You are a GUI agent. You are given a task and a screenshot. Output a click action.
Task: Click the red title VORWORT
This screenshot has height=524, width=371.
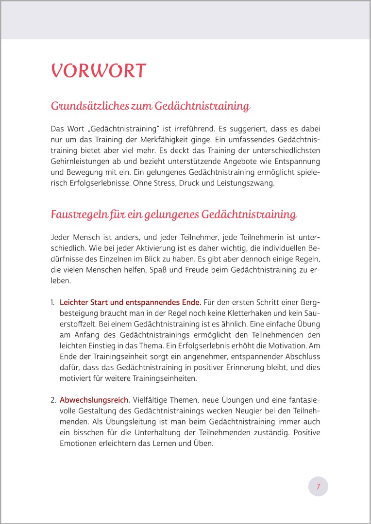99,71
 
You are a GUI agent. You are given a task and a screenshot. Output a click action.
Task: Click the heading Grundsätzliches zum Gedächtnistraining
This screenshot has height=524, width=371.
150,106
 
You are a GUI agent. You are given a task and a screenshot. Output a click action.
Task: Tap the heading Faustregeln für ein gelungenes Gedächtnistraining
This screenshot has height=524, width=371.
174,214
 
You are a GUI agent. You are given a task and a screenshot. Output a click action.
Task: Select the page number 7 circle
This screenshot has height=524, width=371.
318,486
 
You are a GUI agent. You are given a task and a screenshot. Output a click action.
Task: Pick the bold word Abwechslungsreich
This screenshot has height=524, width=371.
95,400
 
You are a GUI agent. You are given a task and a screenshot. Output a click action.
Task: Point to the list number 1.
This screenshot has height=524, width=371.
52,303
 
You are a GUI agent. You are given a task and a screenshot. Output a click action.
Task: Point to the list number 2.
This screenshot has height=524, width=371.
53,400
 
